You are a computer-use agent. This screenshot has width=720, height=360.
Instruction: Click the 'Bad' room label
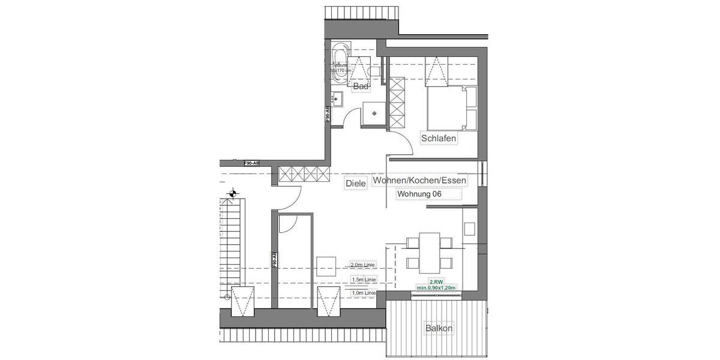click(x=361, y=87)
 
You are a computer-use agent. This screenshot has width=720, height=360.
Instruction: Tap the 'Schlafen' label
click(x=439, y=139)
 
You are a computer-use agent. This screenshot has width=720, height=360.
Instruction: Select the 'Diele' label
click(x=356, y=184)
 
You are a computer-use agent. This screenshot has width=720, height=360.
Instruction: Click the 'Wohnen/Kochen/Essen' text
click(x=419, y=180)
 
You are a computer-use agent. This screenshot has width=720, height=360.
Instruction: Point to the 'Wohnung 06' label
click(x=419, y=194)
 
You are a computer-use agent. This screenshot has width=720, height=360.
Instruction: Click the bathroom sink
click(x=338, y=98)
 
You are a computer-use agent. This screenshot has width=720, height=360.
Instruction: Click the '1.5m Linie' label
click(x=364, y=280)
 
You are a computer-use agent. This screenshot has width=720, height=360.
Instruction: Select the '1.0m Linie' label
click(x=364, y=293)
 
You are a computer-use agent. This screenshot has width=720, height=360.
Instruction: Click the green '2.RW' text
click(x=436, y=281)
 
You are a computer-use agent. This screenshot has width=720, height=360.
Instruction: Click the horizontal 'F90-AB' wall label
click(x=251, y=163)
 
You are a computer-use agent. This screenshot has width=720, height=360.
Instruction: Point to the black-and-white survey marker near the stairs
click(x=233, y=193)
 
